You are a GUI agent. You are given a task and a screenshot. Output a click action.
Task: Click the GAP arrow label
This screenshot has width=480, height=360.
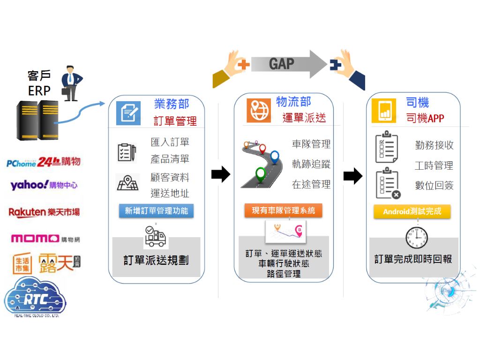click(x=281, y=64)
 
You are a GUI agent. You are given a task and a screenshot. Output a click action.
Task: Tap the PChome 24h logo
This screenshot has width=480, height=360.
click(x=44, y=162)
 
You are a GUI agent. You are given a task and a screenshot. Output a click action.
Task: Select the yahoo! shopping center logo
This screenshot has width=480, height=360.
click(x=44, y=185)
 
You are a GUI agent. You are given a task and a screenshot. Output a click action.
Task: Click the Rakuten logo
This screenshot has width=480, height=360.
click(x=44, y=212)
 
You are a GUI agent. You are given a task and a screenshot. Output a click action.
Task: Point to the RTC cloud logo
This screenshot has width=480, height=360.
click(x=35, y=298)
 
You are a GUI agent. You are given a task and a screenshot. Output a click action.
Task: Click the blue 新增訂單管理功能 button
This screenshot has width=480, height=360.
click(x=156, y=211)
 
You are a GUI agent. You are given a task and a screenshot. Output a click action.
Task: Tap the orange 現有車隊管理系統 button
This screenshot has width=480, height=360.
click(x=283, y=211)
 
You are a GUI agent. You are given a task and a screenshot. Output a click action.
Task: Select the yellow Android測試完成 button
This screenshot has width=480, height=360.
click(x=412, y=211)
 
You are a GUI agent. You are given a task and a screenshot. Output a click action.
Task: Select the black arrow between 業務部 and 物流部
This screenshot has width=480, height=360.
click(x=221, y=175)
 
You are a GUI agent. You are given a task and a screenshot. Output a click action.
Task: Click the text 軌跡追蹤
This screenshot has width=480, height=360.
click(x=311, y=164)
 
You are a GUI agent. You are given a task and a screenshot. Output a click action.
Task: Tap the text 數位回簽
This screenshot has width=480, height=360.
click(x=434, y=186)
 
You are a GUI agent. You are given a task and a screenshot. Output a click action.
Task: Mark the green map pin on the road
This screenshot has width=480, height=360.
click(x=261, y=174)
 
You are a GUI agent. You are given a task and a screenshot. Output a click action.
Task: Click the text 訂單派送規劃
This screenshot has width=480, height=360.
click(x=156, y=261)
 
